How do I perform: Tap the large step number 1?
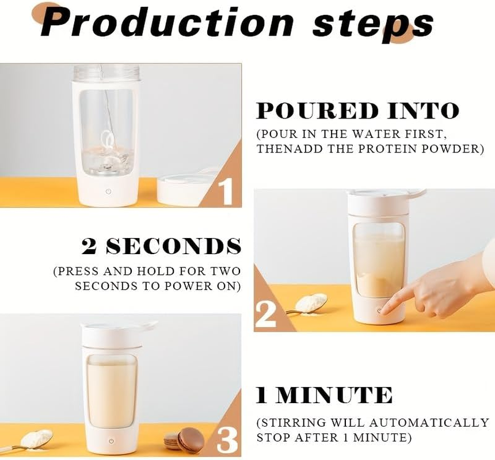pyautogui.click(x=226, y=191)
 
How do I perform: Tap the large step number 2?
pyautogui.click(x=266, y=315)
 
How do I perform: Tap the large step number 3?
pyautogui.click(x=227, y=439)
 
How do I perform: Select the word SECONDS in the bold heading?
pyautogui.click(x=173, y=246)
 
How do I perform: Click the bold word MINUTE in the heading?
pyautogui.click(x=334, y=395)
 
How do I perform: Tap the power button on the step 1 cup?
pyautogui.click(x=109, y=191)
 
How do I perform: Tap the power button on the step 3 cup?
pyautogui.click(x=111, y=441)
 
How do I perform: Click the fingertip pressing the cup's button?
pyautogui.click(x=384, y=309)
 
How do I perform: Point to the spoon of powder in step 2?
pyautogui.click(x=307, y=304)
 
